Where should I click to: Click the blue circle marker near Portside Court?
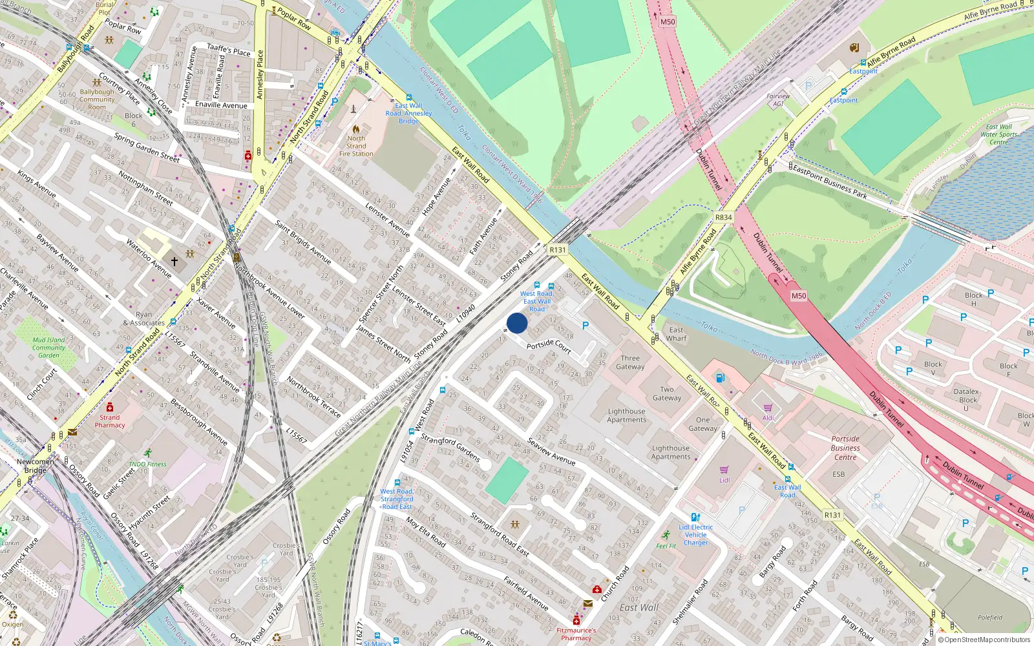click(517, 323)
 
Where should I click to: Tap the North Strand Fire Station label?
click(356, 146)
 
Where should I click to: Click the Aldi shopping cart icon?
click(768, 408)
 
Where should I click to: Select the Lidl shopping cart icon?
click(724, 470)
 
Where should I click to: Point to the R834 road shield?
click(724, 217)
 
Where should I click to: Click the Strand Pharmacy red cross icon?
click(110, 407)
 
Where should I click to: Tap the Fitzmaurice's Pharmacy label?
click(576, 634)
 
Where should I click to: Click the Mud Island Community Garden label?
click(48, 348)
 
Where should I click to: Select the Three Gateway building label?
click(630, 362)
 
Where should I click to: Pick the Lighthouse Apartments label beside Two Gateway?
click(626, 415)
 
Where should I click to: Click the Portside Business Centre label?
click(845, 448)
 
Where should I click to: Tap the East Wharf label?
click(676, 334)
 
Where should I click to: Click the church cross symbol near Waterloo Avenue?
click(174, 262)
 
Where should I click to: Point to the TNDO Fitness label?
click(147, 464)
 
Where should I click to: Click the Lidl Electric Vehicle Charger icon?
click(695, 517)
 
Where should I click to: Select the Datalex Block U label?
click(967, 399)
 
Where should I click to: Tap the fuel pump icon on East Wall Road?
click(721, 378)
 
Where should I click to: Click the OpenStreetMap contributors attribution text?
click(987, 640)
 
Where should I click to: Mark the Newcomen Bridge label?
click(36, 466)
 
